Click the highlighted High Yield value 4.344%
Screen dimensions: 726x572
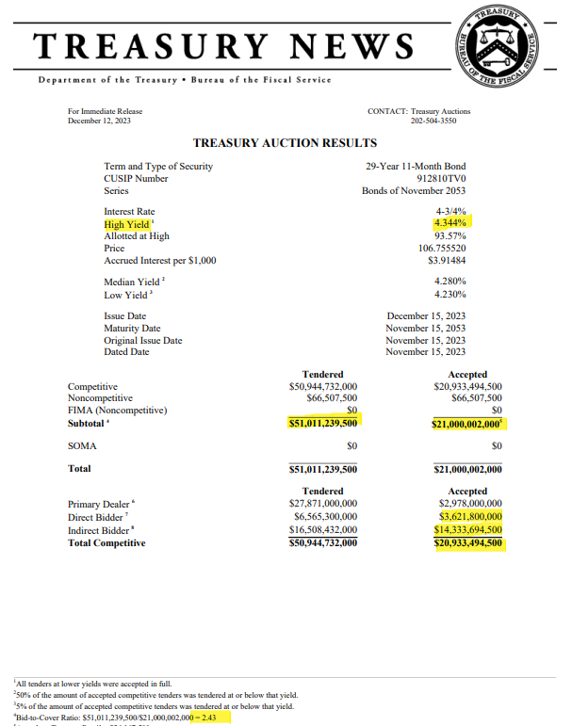tap(449, 224)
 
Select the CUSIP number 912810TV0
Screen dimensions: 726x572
tap(441, 178)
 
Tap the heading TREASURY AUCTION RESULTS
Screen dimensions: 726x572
tap(285, 143)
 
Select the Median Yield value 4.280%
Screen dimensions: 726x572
tap(449, 282)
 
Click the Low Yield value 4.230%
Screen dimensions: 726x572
tap(449, 294)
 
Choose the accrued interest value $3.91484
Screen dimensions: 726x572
tap(447, 261)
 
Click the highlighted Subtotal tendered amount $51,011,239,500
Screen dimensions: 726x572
tap(323, 424)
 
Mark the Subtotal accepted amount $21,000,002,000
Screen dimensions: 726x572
tap(468, 424)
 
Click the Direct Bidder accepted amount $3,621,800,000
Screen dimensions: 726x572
tap(470, 516)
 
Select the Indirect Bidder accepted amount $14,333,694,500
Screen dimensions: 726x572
tap(467, 529)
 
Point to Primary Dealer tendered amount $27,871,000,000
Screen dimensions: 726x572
tap(322, 504)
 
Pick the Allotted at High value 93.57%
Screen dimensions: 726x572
tap(449, 236)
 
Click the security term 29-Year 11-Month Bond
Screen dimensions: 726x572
tap(416, 167)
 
